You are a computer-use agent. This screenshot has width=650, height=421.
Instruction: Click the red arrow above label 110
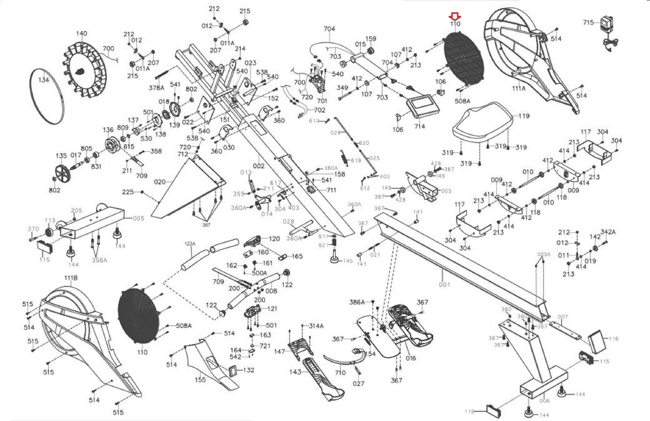click(455, 16)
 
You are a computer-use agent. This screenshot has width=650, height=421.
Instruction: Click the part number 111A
click(518, 88)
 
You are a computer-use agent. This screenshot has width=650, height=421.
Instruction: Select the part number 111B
click(71, 278)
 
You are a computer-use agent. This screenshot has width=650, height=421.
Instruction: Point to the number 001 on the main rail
click(444, 285)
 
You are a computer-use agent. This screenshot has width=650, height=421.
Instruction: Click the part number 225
click(128, 192)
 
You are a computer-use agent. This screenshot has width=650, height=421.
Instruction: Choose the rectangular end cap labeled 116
click(598, 342)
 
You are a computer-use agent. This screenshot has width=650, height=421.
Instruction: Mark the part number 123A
click(190, 244)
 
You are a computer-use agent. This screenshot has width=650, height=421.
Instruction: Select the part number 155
click(200, 380)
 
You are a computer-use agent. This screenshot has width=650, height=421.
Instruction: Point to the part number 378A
click(156, 88)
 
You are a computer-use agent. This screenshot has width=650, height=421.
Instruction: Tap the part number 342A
click(608, 232)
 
